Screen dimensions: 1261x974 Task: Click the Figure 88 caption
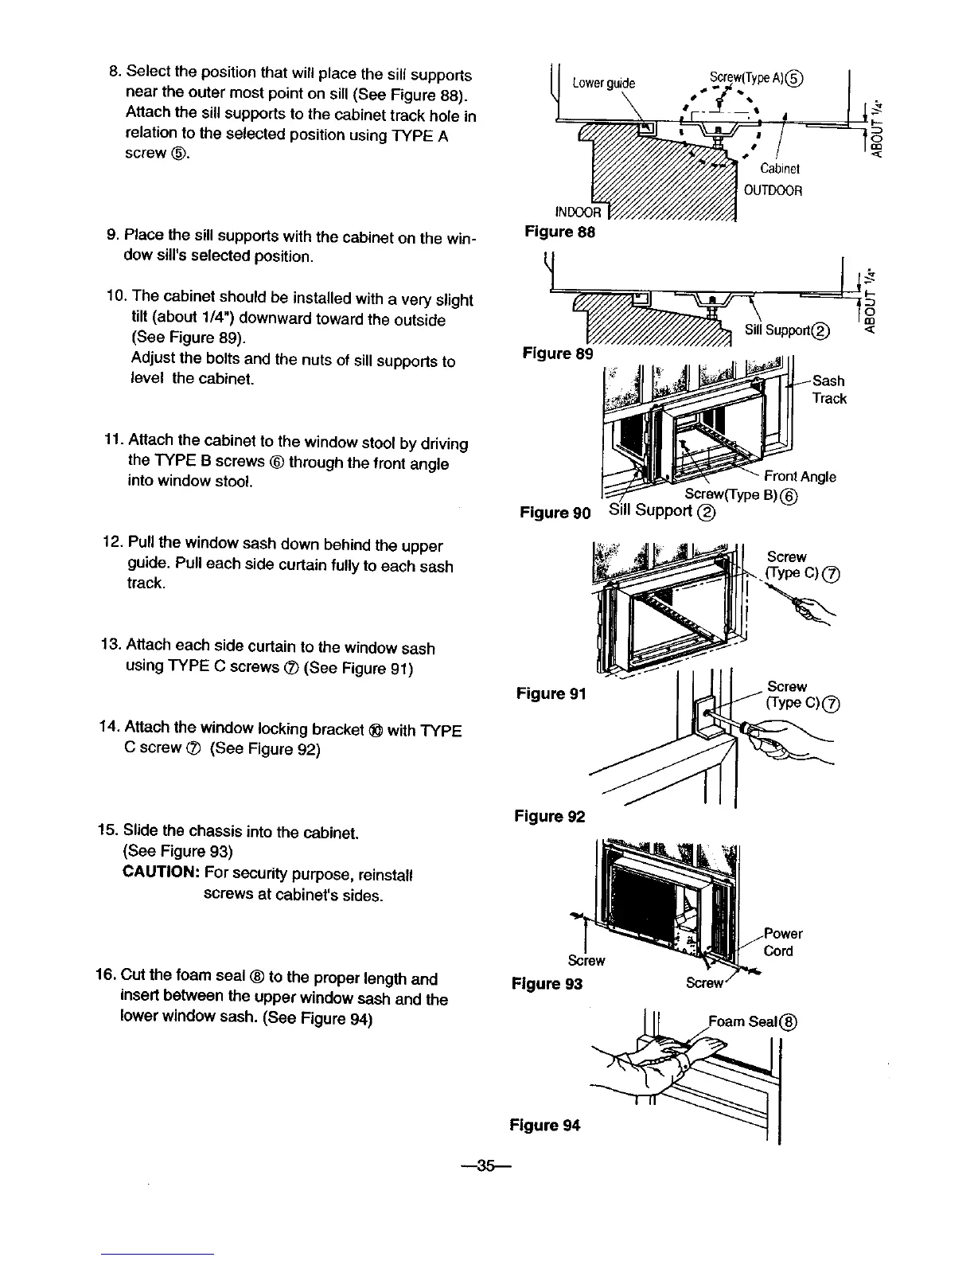[x=559, y=232]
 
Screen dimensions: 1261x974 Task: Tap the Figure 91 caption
[x=551, y=693]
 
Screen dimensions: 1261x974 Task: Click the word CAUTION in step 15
[x=160, y=873]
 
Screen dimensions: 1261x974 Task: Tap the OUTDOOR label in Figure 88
[x=772, y=190]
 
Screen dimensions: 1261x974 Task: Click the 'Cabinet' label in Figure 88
[x=779, y=169]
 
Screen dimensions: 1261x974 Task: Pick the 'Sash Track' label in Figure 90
[x=829, y=389]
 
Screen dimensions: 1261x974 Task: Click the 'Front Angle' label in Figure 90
[x=799, y=476]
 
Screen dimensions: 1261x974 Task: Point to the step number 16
[x=106, y=977]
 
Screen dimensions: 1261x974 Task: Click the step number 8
[x=114, y=75]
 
